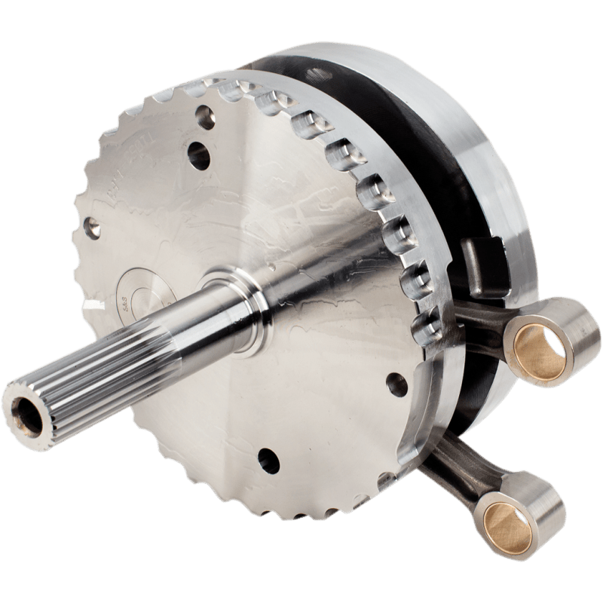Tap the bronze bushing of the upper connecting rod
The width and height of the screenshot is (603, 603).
537,347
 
